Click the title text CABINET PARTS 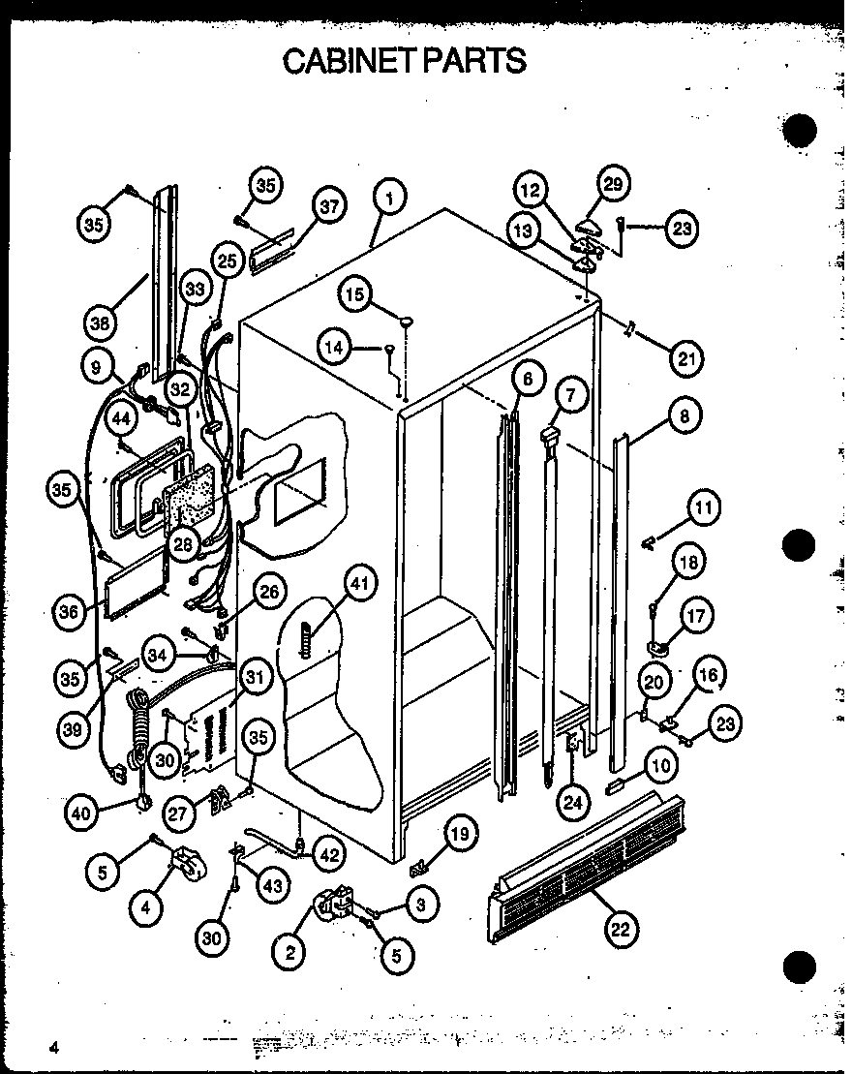coord(405,60)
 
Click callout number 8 coord(684,418)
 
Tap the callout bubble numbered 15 coord(356,294)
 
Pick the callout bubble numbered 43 coord(273,885)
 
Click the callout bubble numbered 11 coord(704,506)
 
